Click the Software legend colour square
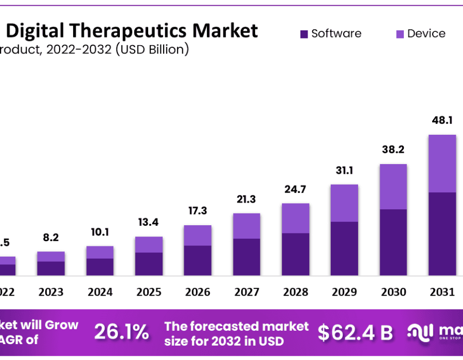pyautogui.click(x=304, y=34)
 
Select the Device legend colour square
pyautogui.click(x=400, y=34)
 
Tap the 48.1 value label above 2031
pyautogui.click(x=442, y=120)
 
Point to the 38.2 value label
pyautogui.click(x=393, y=150)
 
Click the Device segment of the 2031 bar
pyautogui.click(x=442, y=164)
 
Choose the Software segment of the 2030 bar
pyautogui.click(x=393, y=242)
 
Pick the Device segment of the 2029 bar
pyautogui.click(x=344, y=203)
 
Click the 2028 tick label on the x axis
pyautogui.click(x=295, y=292)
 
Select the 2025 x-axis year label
pyautogui.click(x=149, y=292)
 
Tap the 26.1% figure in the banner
pyautogui.click(x=121, y=332)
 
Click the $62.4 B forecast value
pyautogui.click(x=355, y=333)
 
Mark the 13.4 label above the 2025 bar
pyautogui.click(x=149, y=222)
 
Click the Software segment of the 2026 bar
pyautogui.click(x=198, y=260)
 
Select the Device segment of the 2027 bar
pyautogui.click(x=246, y=226)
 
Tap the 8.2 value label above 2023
pyautogui.click(x=51, y=238)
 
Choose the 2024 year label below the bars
pyautogui.click(x=100, y=292)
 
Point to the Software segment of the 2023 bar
pyautogui.click(x=51, y=268)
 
